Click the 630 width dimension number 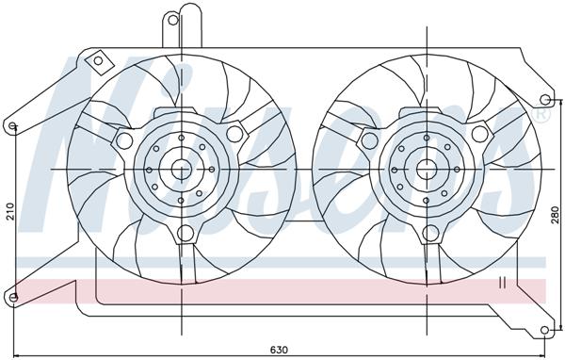279,350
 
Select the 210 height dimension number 8,213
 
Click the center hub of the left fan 179,170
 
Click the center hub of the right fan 429,170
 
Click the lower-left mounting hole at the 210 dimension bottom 13,299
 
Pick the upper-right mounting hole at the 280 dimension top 545,100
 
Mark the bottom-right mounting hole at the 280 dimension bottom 545,330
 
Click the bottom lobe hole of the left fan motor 186,234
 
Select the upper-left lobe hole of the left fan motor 122,141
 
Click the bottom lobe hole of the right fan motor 434,234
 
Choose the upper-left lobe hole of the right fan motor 371,140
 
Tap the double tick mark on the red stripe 502,282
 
